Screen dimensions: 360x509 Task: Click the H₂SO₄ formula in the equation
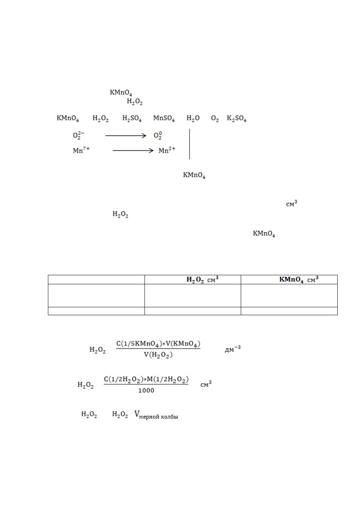coord(132,118)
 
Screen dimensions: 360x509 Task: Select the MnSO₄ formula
coord(164,118)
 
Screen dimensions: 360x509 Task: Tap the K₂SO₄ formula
coord(237,118)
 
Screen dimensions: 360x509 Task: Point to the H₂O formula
coord(193,118)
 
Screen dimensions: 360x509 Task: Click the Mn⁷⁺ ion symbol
coord(81,150)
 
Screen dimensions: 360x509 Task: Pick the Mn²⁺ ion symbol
coord(167,150)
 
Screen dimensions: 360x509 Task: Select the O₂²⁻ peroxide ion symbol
coord(78,135)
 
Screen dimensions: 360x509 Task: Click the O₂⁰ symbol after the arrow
coord(158,135)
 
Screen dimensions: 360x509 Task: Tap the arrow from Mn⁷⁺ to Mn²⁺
coord(133,150)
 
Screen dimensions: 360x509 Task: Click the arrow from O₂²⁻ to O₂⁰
coord(126,136)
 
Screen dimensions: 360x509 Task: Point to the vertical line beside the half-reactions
coord(189,144)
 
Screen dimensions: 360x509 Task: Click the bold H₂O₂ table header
coord(195,279)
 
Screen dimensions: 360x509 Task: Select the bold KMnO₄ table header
coord(291,279)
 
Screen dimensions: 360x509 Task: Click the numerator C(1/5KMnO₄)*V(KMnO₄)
coord(158,344)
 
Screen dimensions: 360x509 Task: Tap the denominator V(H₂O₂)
coord(158,355)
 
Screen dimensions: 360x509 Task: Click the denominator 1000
coord(146,390)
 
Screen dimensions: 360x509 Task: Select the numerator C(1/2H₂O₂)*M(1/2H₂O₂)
coord(146,379)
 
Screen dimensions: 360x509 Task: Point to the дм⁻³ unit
coord(232,349)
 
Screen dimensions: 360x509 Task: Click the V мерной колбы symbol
coord(156,414)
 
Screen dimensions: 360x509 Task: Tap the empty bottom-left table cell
coord(96,311)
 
